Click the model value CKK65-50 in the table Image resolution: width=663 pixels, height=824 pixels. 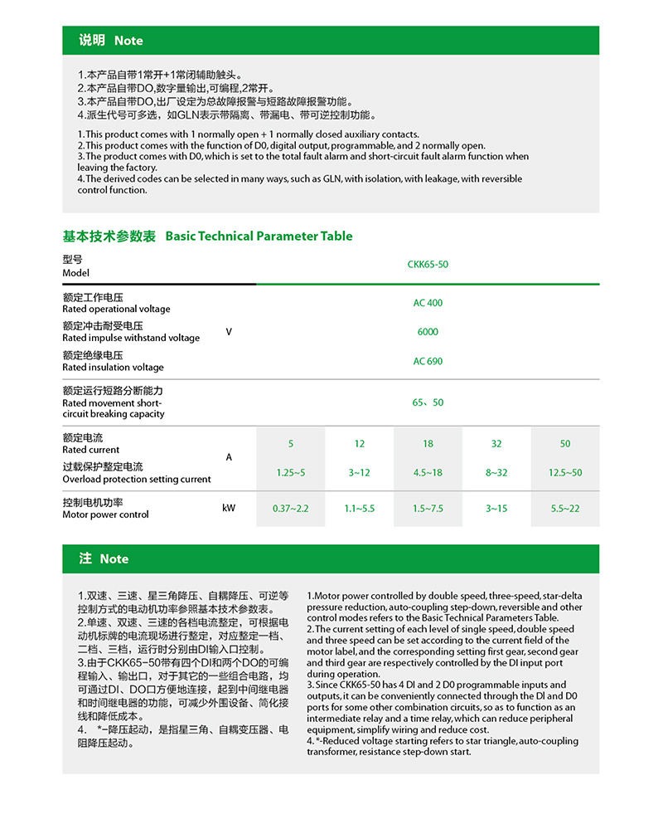[428, 265]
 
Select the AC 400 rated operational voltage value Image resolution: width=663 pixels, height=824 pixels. [428, 303]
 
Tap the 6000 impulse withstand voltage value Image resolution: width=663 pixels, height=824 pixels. [428, 332]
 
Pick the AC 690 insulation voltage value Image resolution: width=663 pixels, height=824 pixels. [428, 362]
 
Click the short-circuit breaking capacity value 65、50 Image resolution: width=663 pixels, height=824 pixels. [428, 402]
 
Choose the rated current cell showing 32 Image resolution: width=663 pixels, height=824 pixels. [496, 444]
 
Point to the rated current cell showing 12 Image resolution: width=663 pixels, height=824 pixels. [359, 444]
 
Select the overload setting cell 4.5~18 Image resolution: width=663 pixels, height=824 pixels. [428, 472]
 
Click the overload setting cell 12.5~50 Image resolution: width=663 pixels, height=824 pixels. [565, 472]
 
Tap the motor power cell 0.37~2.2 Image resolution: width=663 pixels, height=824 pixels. [290, 509]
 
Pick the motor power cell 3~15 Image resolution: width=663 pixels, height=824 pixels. [496, 509]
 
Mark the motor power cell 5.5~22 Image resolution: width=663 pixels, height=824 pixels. [565, 509]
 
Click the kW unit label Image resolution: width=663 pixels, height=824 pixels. [229, 508]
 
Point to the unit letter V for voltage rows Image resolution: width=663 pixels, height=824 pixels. [229, 332]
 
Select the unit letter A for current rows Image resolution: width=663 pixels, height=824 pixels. [229, 457]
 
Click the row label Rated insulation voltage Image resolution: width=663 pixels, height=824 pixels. [113, 368]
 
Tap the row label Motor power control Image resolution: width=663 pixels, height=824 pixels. [105, 514]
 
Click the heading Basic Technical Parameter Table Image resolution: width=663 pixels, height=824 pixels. [259, 236]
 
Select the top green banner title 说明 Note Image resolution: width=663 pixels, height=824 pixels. [111, 41]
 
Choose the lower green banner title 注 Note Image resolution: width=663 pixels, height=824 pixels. [104, 558]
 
